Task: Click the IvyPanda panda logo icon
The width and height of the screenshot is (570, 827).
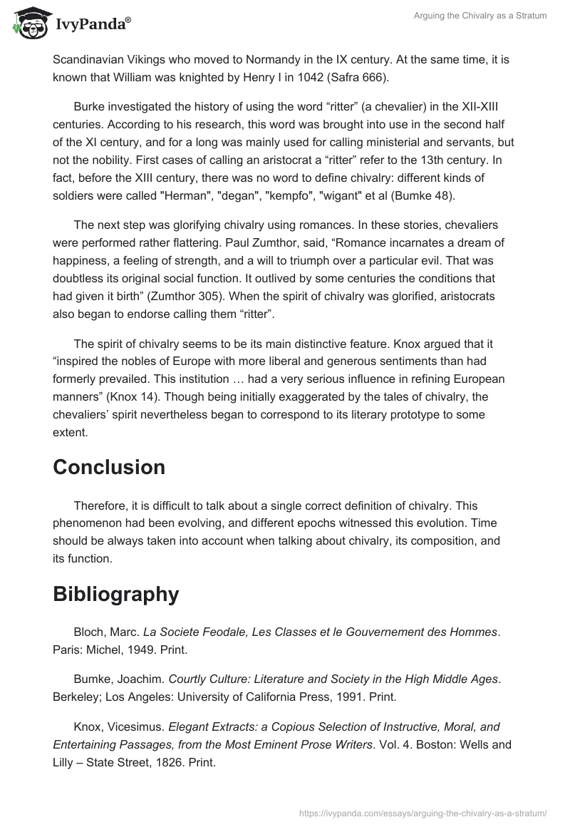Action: click(x=28, y=21)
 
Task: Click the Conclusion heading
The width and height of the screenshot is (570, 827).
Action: click(x=109, y=467)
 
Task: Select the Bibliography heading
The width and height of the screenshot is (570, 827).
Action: click(x=115, y=594)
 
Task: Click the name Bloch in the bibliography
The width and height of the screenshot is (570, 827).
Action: click(x=90, y=631)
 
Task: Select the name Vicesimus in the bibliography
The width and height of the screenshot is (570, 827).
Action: click(x=136, y=726)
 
